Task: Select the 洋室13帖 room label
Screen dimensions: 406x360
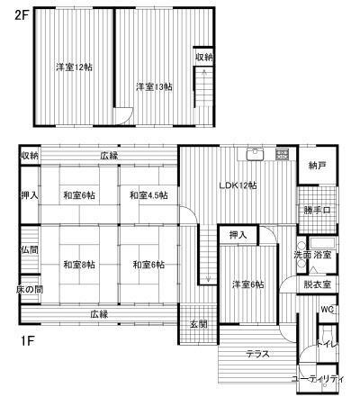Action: tap(154, 86)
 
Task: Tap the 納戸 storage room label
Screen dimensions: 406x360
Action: tap(316, 166)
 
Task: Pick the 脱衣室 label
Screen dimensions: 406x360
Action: tap(317, 284)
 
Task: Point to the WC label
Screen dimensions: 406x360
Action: tap(328, 311)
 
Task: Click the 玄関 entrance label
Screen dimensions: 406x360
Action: tap(199, 324)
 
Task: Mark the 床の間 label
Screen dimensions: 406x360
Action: tap(29, 289)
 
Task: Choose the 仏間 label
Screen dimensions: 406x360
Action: tap(29, 249)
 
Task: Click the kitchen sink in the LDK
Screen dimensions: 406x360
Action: tap(256, 152)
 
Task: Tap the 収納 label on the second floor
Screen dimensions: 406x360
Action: tap(204, 58)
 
